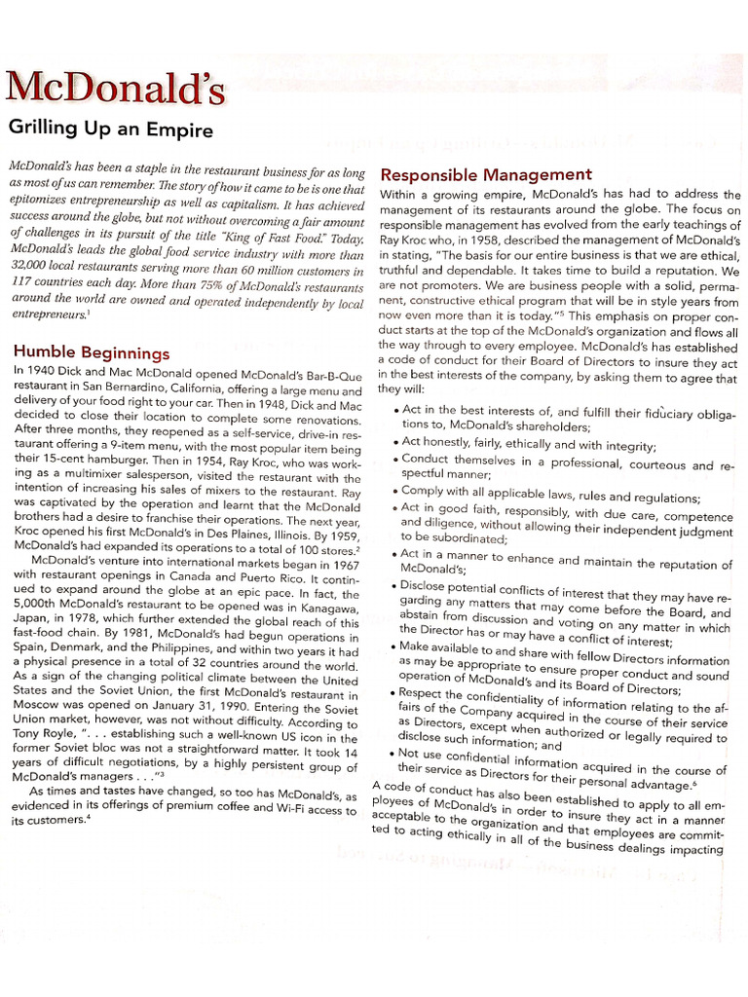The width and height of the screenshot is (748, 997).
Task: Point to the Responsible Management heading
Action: (x=485, y=174)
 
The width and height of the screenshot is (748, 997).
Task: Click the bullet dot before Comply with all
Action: (x=396, y=493)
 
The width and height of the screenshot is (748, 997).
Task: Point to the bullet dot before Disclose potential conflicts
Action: (x=396, y=586)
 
